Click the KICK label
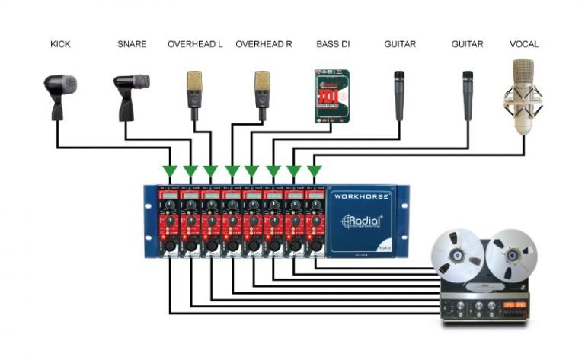[60, 44]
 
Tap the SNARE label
[131, 44]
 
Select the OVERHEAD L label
[195, 44]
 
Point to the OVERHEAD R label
[264, 44]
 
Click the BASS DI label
[333, 44]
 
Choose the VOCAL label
[523, 44]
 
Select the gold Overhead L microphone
[195, 91]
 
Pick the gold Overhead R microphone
[262, 91]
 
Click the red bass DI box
[333, 96]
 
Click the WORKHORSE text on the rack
[361, 196]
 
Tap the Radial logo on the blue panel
[361, 221]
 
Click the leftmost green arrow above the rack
[169, 170]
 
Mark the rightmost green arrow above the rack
[313, 170]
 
